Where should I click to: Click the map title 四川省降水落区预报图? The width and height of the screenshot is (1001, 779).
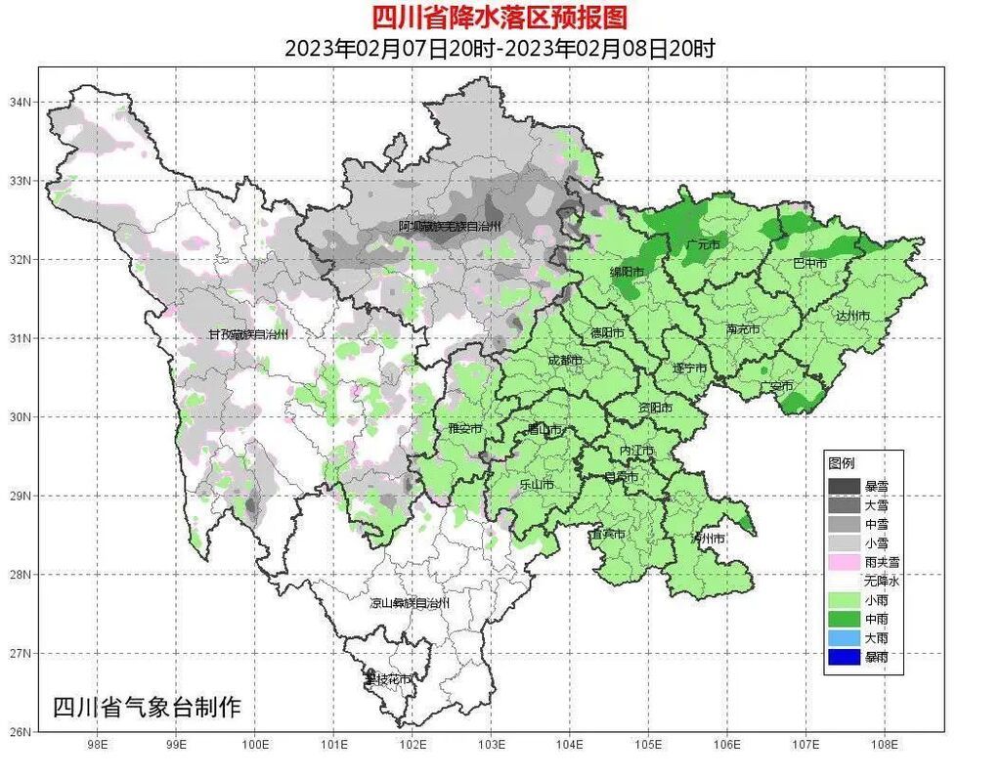[x=500, y=17]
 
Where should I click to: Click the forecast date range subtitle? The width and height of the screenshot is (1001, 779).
[x=500, y=48]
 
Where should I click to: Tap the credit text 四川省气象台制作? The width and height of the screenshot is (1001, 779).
[x=146, y=707]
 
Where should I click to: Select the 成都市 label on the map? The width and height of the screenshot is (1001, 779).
[x=564, y=360]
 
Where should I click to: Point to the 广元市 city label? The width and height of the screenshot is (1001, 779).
[x=702, y=244]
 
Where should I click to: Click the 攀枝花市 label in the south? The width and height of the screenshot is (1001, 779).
[x=387, y=677]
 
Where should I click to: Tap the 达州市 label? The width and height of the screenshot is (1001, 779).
[x=851, y=315]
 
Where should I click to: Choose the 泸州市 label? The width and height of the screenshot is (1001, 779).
[x=708, y=539]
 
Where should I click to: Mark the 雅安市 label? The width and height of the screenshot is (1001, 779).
[x=464, y=428]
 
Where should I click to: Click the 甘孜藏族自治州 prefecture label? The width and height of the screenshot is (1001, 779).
[x=247, y=334]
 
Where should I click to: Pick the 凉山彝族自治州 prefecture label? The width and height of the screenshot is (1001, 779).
[x=410, y=603]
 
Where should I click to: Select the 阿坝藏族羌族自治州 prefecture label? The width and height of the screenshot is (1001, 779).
[x=450, y=226]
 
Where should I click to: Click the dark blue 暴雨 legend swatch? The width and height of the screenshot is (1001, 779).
[x=844, y=657]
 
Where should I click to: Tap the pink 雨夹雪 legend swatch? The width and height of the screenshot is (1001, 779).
[x=844, y=562]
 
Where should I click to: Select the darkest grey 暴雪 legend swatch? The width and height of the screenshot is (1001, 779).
[x=844, y=486]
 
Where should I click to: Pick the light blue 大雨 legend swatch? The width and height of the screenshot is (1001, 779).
[x=844, y=637]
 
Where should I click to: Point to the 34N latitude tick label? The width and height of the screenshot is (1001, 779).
[x=21, y=102]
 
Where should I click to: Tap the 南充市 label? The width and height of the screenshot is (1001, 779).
[x=743, y=329]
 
